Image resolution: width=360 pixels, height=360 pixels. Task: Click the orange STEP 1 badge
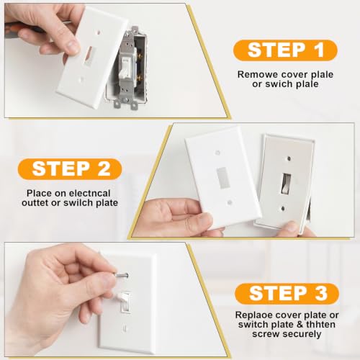[285, 50]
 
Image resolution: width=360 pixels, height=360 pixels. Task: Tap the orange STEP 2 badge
[70, 168]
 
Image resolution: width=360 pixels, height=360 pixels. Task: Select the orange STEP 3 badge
[287, 294]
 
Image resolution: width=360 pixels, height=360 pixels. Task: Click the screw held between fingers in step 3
[122, 276]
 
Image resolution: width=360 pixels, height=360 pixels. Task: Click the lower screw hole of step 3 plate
[125, 328]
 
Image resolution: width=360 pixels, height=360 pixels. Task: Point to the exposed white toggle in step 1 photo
[124, 68]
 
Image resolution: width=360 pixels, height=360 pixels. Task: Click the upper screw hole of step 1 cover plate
[98, 32]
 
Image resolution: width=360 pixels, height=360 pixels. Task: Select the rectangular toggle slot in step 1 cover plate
[89, 55]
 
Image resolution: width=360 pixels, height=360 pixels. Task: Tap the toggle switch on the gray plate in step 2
[285, 184]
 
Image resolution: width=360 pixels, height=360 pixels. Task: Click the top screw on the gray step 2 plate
[289, 158]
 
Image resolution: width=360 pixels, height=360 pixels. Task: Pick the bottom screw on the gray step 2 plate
[284, 208]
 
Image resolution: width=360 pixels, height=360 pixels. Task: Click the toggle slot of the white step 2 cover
[223, 177]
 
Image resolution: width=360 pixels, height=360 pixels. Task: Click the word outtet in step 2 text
[35, 203]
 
